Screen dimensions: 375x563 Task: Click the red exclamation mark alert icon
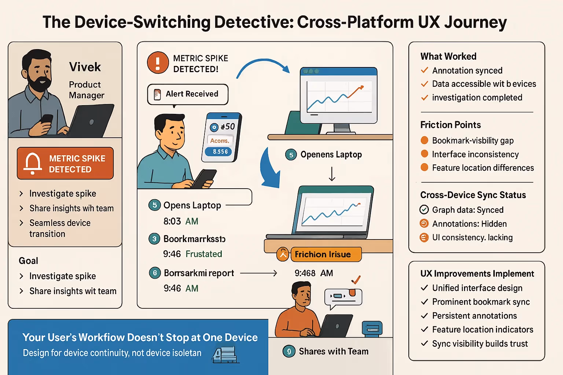coord(158,63)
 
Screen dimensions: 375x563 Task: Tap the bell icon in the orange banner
coord(33,163)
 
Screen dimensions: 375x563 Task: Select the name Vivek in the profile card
coord(85,67)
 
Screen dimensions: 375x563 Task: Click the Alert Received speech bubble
coord(188,94)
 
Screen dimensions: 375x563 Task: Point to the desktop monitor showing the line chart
coord(338,96)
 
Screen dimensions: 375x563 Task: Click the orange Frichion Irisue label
coord(323,255)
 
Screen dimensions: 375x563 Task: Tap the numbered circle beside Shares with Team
coord(289,352)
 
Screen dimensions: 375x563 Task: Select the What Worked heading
coord(448,56)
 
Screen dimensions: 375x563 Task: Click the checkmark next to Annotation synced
coord(424,70)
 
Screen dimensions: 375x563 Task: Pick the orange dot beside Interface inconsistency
coord(424,154)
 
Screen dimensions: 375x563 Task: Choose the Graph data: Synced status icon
coord(424,209)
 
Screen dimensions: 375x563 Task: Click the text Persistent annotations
coord(474,316)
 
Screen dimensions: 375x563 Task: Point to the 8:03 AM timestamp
coord(181,221)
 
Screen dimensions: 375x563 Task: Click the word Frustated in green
coord(204,254)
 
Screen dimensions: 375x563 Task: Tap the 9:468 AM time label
coord(314,273)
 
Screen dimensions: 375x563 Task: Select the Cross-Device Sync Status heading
coord(473,195)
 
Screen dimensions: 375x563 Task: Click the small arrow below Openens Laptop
coord(332,174)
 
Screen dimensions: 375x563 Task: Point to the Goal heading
coord(29,261)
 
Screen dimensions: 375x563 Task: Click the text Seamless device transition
coord(60,228)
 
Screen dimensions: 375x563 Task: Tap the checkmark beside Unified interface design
coord(424,288)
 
